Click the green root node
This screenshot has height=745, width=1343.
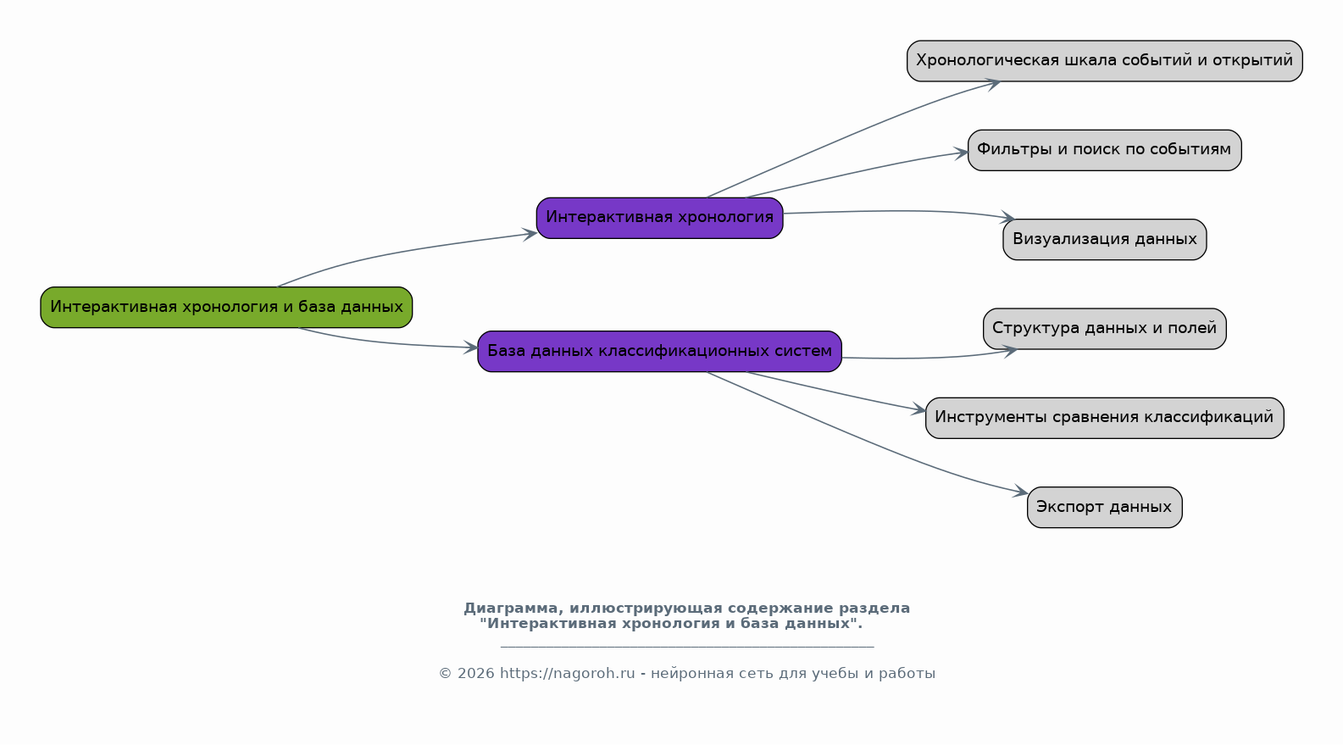coord(226,307)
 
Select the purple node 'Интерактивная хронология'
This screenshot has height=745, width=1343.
coord(659,218)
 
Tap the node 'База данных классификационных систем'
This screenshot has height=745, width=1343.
coord(659,352)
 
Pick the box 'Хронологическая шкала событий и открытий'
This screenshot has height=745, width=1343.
coord(1104,61)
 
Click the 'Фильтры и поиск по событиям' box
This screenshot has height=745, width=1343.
coord(1104,150)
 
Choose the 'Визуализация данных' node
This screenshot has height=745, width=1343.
coord(1104,239)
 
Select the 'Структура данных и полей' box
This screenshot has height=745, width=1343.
coord(1104,329)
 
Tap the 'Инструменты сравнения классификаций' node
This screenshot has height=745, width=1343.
coord(1104,418)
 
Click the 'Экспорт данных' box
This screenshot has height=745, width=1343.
coord(1104,508)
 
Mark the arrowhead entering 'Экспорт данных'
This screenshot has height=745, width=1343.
coord(1020,491)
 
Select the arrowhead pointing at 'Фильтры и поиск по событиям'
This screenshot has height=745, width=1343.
coord(961,153)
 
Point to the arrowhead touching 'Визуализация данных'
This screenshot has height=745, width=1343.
coord(1007,217)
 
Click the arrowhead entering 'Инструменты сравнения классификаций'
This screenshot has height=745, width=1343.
coord(918,409)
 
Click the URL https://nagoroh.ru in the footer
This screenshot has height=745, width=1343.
coord(567,674)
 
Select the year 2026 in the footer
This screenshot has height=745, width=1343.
coord(476,674)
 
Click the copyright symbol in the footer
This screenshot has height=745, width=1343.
coord(445,674)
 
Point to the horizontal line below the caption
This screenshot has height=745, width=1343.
coord(687,647)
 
